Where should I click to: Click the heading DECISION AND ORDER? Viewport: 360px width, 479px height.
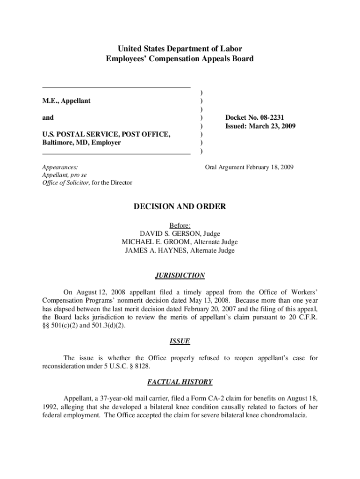(180, 206)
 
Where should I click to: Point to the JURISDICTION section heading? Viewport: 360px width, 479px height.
(180, 276)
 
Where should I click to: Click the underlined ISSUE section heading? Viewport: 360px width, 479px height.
(180, 341)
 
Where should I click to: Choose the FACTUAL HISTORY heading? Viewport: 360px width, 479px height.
(180, 382)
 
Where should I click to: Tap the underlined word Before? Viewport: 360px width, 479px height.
(180, 225)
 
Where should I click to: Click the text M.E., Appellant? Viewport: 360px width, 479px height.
(66, 101)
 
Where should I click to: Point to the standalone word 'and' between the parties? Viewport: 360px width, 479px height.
(48, 117)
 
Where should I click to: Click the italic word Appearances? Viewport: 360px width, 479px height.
(60, 167)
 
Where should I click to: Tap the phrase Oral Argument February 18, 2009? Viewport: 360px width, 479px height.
(249, 167)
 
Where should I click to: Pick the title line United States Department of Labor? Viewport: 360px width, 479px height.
(180, 49)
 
